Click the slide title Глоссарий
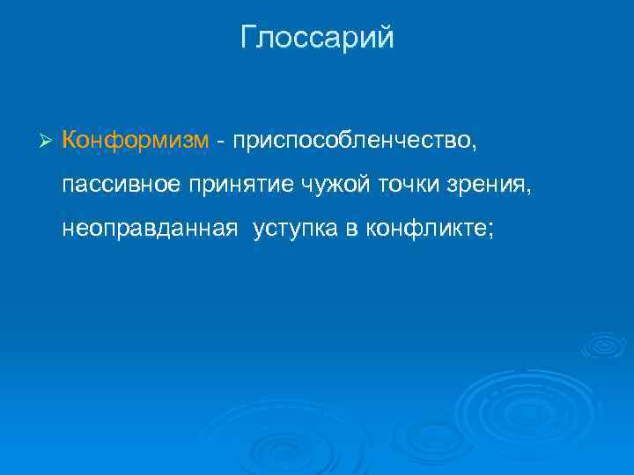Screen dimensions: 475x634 317,39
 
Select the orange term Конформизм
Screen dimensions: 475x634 136,140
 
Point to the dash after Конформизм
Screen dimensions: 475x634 220,141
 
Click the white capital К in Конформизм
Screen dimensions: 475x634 70,140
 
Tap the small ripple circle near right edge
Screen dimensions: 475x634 603,346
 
